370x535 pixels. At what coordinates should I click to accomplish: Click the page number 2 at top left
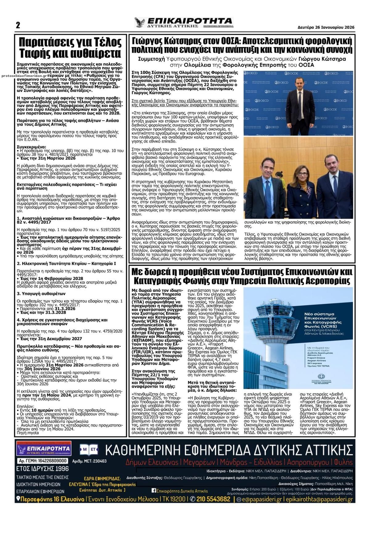click(18, 25)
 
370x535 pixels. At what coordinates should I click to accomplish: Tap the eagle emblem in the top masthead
click(140, 23)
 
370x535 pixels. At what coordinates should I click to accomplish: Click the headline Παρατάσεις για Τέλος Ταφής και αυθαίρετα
click(70, 47)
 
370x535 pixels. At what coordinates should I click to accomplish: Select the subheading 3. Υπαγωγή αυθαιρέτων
click(41, 293)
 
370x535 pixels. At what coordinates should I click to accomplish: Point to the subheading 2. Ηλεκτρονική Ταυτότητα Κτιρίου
click(66, 263)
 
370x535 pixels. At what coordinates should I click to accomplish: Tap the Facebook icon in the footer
click(153, 491)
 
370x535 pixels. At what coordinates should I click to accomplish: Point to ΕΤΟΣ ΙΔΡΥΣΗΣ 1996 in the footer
click(43, 469)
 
